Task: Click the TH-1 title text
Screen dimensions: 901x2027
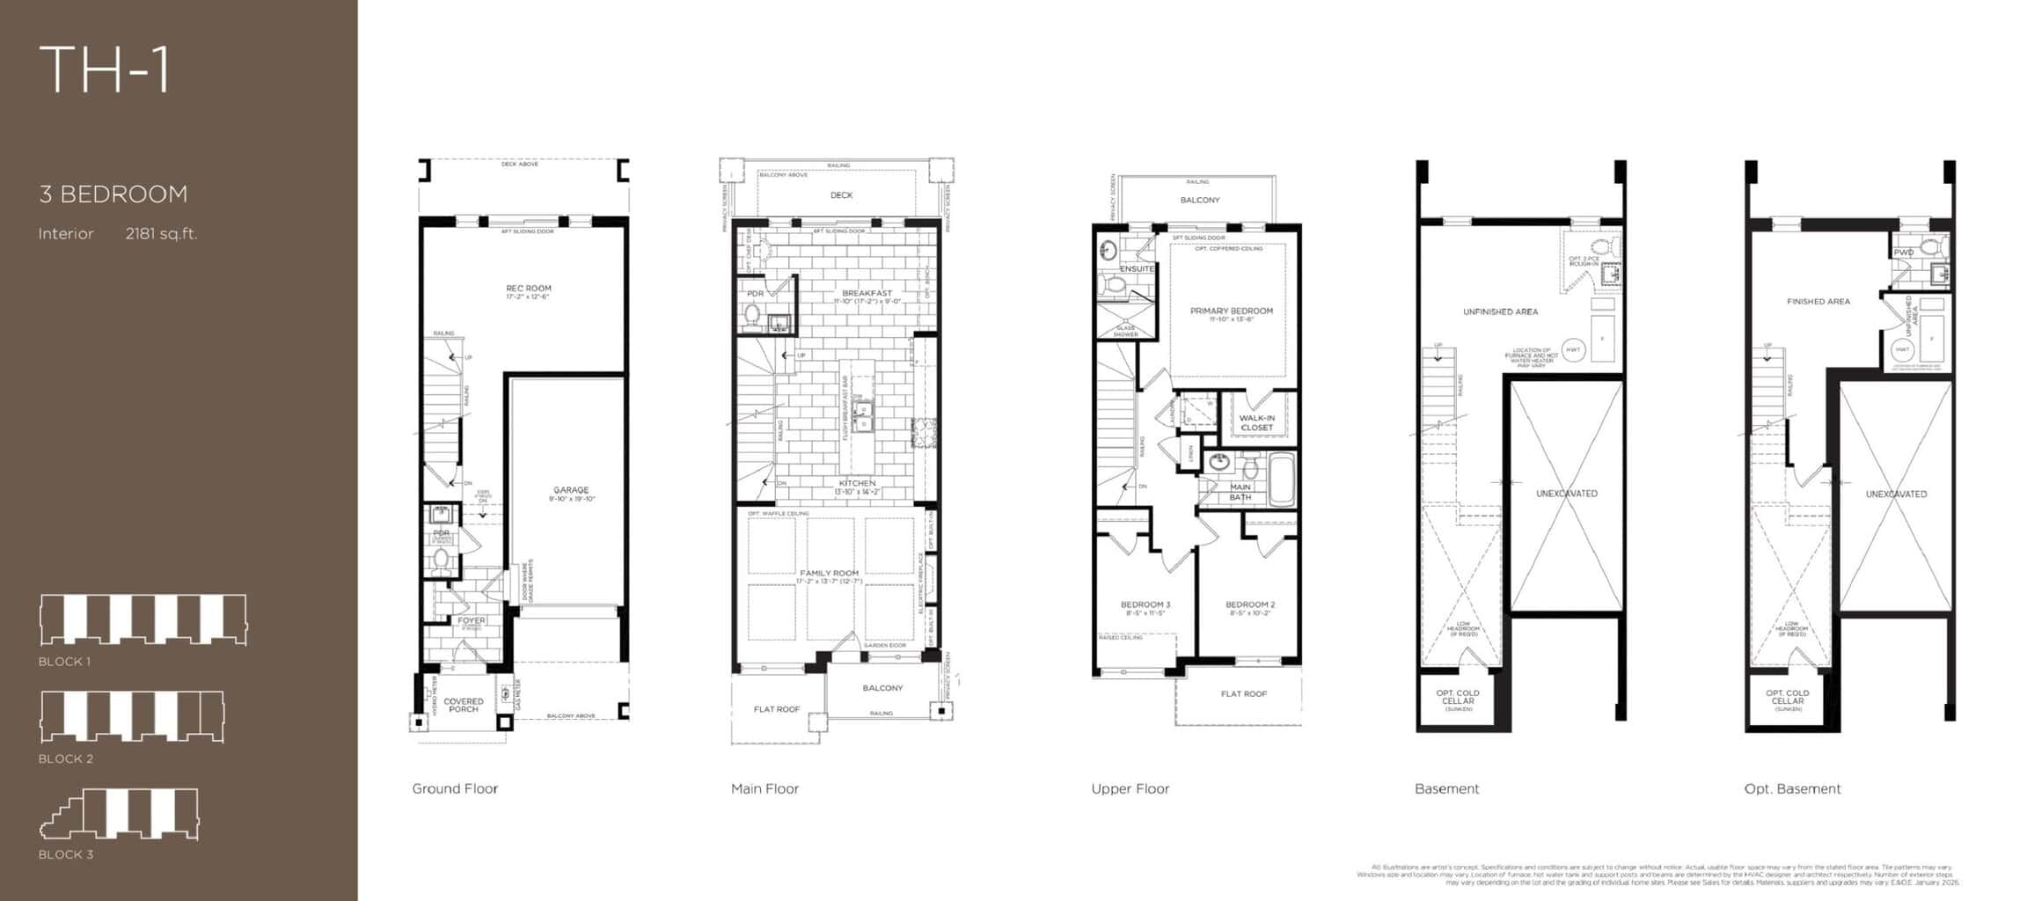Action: click(x=104, y=70)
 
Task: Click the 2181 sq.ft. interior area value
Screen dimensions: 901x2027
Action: click(x=161, y=233)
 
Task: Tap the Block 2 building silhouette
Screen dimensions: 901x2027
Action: click(x=132, y=716)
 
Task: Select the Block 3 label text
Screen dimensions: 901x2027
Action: click(x=65, y=854)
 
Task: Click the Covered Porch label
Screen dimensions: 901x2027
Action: click(x=463, y=705)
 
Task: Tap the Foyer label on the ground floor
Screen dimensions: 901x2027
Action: click(x=471, y=621)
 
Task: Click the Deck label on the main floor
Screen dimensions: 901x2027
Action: click(x=841, y=195)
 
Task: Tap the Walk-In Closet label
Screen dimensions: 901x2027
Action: click(x=1256, y=422)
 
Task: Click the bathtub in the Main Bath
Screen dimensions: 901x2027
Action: click(x=1281, y=480)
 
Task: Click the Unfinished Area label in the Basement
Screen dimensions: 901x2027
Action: click(x=1500, y=311)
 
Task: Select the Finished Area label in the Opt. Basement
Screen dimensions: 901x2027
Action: click(x=1818, y=302)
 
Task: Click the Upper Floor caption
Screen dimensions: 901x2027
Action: click(x=1130, y=788)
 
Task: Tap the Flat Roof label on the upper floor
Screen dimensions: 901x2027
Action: click(x=1243, y=694)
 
